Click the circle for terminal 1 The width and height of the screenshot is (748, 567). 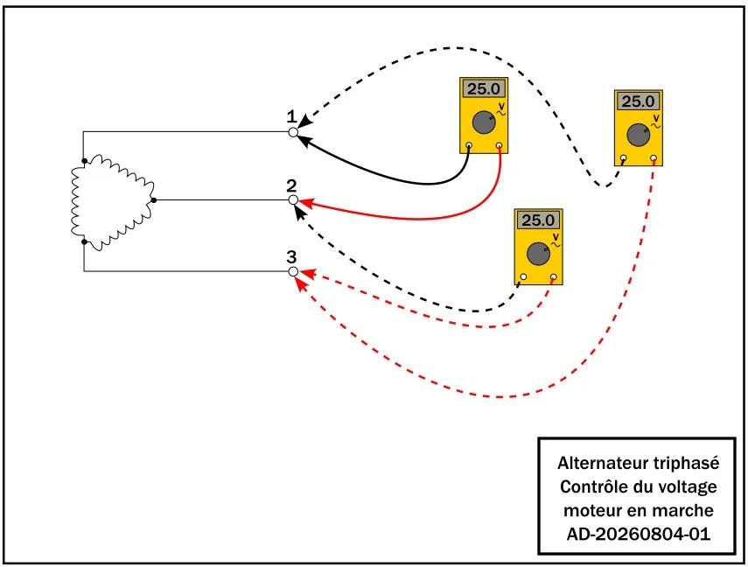click(293, 132)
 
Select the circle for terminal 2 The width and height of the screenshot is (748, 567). click(293, 200)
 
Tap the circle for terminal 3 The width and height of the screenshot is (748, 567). click(293, 271)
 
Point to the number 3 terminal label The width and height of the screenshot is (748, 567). click(291, 257)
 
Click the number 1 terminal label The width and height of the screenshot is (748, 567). click(291, 117)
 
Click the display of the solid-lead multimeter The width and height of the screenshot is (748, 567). click(484, 88)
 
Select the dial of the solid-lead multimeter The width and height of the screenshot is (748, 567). click(484, 122)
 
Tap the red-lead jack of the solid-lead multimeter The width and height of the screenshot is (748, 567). click(499, 145)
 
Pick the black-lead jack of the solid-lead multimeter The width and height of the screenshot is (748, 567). click(469, 145)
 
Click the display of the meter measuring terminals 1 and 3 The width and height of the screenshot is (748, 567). click(639, 101)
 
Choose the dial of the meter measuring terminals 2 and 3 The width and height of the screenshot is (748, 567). click(538, 254)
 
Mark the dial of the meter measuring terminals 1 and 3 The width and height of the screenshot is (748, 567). click(639, 135)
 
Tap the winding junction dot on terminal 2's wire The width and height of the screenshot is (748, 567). click(154, 200)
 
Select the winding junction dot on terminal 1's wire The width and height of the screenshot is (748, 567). click(85, 161)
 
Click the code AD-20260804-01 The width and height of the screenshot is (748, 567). click(639, 534)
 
